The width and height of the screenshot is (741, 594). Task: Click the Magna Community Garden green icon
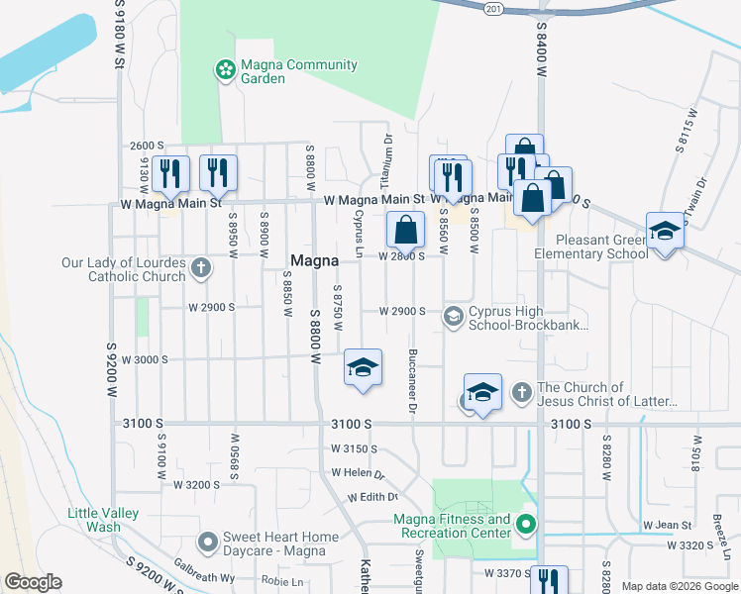226,69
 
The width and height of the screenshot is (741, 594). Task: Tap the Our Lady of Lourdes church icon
200,267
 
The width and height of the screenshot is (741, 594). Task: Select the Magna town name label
315,260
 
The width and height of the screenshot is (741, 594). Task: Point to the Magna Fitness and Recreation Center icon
527,525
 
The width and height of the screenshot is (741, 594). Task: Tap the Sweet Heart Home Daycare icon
208,542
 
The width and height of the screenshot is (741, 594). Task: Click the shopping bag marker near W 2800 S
406,231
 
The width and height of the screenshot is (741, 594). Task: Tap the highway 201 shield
493,8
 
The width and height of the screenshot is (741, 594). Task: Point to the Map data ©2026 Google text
679,586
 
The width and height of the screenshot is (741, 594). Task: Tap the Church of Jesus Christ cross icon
522,394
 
